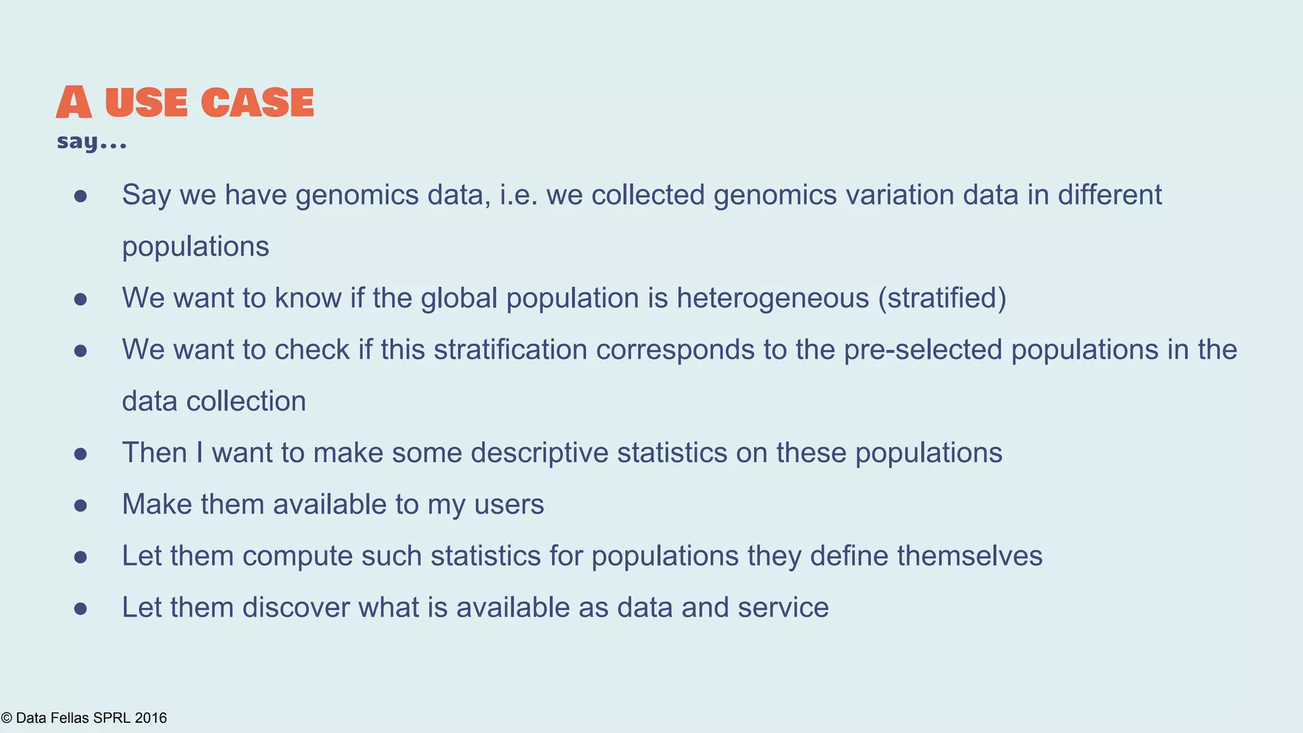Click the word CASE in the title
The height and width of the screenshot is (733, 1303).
point(257,102)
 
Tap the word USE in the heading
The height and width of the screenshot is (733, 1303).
point(146,102)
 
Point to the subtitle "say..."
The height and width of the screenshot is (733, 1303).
point(92,141)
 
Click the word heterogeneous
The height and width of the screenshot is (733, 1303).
point(772,298)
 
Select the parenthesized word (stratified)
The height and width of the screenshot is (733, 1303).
point(942,298)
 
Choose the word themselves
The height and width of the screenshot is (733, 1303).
point(970,556)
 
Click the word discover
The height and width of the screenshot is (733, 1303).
point(296,608)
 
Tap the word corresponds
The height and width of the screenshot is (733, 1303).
point(674,350)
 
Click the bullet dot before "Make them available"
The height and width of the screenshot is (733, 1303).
point(80,506)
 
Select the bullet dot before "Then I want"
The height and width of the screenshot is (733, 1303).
point(80,454)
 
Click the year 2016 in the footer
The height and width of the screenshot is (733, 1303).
point(151,718)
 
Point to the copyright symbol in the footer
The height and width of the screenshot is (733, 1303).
point(6,718)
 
